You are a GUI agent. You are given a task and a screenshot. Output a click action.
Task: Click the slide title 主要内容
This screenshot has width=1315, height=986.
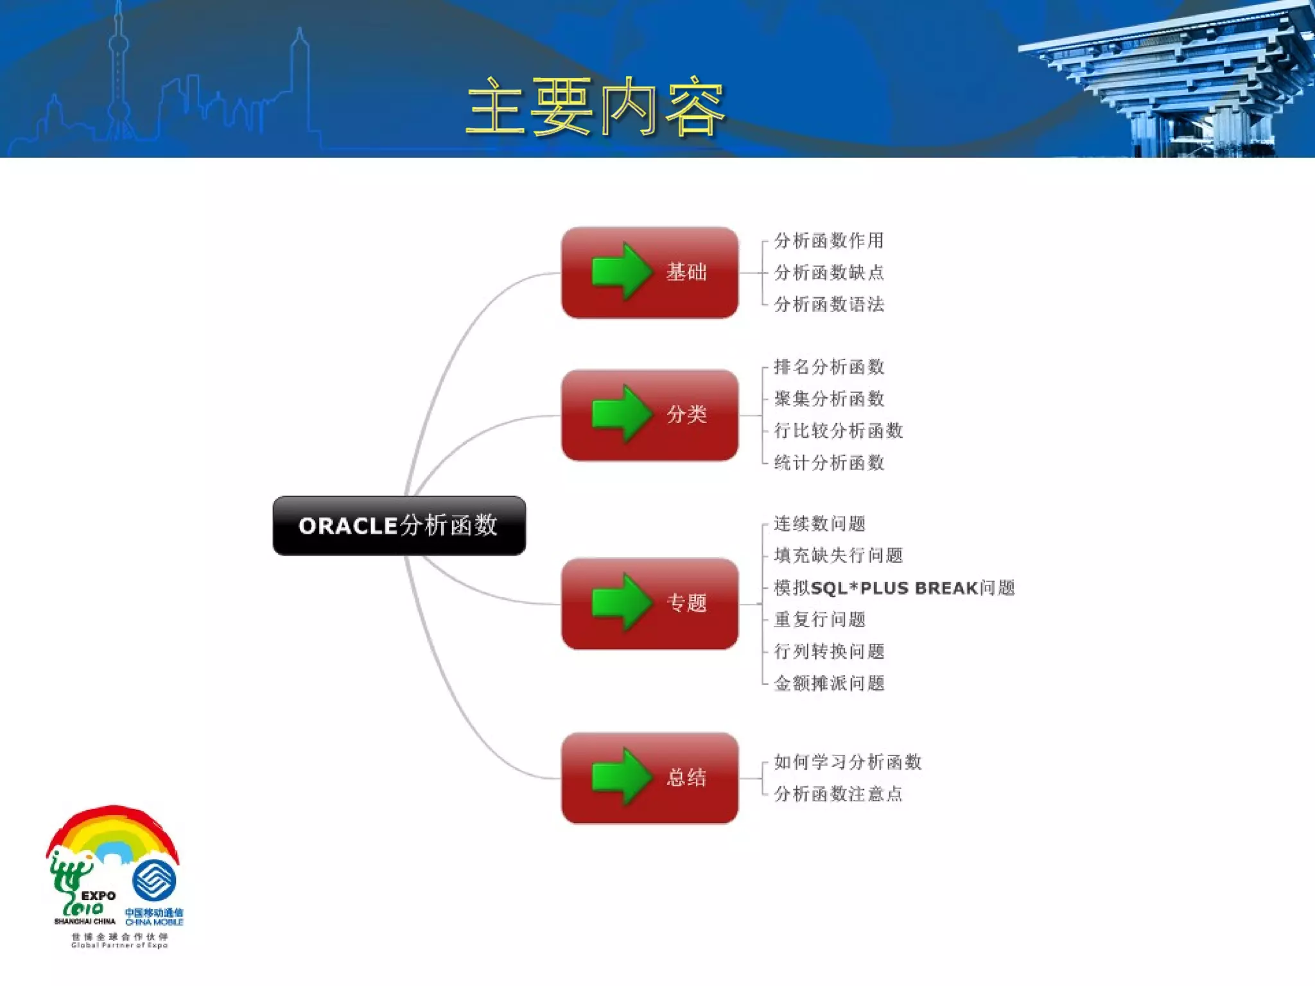point(595,107)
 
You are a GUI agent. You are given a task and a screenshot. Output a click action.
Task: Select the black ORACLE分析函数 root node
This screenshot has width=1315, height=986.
point(399,525)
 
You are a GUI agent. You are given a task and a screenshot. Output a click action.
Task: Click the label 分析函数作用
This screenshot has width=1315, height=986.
point(828,241)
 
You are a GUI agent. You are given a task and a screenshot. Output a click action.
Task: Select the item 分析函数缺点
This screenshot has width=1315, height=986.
point(828,273)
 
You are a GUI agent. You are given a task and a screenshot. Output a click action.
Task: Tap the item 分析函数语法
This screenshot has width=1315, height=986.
point(828,304)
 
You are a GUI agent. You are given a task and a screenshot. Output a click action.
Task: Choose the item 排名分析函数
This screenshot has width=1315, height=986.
point(828,367)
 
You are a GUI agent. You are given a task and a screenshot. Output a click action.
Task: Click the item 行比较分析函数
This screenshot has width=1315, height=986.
point(838,431)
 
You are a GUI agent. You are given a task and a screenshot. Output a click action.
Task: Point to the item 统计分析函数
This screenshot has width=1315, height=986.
point(828,463)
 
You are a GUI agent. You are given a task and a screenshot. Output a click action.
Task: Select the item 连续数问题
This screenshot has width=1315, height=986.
point(819,524)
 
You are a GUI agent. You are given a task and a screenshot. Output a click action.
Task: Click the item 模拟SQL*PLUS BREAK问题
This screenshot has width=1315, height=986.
point(894,588)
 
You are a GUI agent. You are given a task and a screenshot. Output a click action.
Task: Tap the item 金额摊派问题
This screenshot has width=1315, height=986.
point(828,684)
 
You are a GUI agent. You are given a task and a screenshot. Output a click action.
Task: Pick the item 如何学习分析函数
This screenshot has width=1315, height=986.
point(847,763)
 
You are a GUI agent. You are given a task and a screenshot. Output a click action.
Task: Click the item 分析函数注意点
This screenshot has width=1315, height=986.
point(838,794)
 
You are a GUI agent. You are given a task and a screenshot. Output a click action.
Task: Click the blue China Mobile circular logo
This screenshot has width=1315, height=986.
point(154,880)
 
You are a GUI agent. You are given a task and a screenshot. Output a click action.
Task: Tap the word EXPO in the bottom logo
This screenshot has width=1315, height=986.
point(98,895)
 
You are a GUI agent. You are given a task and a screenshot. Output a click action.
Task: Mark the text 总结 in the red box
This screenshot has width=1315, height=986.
point(686,777)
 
